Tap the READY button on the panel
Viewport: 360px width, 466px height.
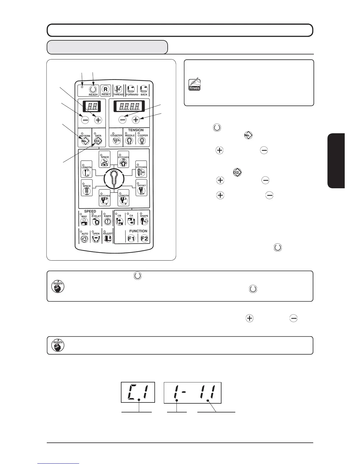point(93,90)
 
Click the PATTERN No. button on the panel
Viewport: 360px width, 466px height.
point(85,140)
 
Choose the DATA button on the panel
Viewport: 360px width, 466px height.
point(98,140)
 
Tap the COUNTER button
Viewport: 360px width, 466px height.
point(116,140)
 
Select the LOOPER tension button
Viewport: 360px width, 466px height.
point(143,140)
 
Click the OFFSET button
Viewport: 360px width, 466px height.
point(141,190)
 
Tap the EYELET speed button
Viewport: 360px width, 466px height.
point(96,222)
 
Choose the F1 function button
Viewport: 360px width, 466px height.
point(131,239)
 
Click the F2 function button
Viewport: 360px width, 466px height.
point(144,239)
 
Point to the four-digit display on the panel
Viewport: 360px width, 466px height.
point(129,106)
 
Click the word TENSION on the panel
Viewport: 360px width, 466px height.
point(136,130)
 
